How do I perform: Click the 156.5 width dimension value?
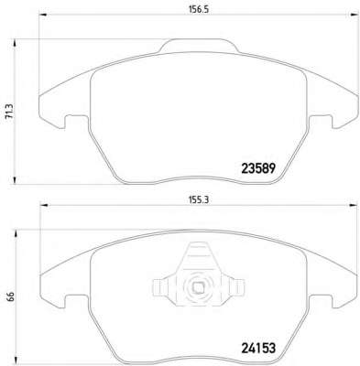(198, 9)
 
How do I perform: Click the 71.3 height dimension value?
(9, 112)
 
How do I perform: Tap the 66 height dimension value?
(10, 296)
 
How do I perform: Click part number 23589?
(258, 168)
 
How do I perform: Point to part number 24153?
(258, 348)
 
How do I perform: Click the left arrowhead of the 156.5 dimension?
(43, 15)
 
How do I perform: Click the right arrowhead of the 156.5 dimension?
(355, 15)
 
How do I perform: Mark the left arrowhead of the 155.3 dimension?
(45, 206)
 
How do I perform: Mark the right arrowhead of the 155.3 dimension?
(353, 206)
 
